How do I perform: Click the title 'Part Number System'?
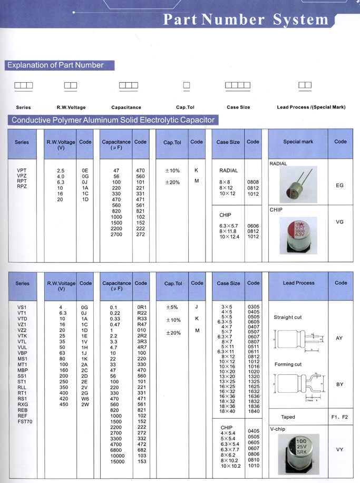246,20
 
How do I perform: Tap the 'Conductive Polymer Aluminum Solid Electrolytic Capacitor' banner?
113,120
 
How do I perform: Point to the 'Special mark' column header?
298,142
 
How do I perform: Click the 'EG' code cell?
340,186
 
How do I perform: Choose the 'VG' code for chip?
340,222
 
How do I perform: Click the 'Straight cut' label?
288,317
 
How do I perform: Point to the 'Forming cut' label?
288,364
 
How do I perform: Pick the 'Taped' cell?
288,417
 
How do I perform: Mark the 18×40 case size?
228,411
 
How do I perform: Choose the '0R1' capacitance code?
141,307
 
